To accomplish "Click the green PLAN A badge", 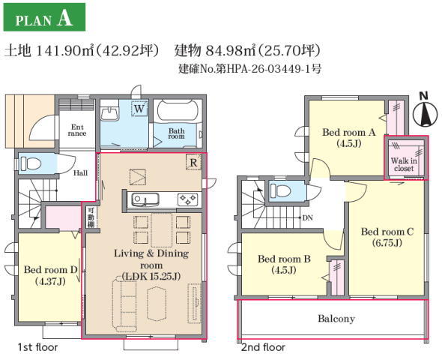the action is point(44,17).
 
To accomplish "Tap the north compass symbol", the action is point(425,112).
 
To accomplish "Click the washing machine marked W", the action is point(139,109).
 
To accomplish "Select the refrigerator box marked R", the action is point(194,162).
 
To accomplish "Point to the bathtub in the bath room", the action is point(178,110).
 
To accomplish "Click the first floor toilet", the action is point(30,163).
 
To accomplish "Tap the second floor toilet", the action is point(280,191).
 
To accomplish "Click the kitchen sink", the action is point(145,199).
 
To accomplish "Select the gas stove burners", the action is point(187,199).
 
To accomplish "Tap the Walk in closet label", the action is point(404,164).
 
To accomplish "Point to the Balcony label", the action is point(336,319).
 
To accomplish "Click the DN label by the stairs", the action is point(307,217).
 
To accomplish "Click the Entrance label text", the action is point(77,130).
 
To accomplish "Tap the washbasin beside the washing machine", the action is point(109,113).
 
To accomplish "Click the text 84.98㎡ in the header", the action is point(231,51).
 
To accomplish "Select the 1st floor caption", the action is point(37,347).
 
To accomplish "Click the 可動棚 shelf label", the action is point(91,217).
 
